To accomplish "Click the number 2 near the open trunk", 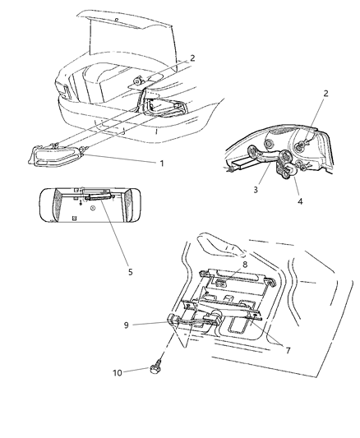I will pyautogui.click(x=192, y=58).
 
